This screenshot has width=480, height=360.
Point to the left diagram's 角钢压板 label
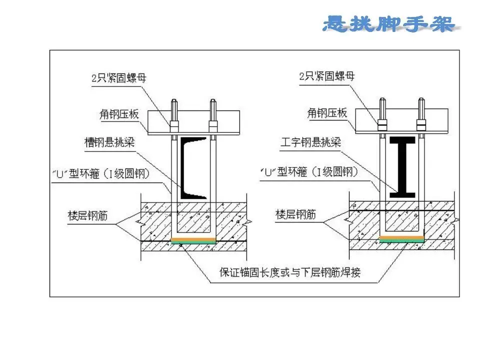pyautogui.click(x=118, y=114)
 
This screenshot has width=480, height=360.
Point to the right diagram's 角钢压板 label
pyautogui.click(x=327, y=113)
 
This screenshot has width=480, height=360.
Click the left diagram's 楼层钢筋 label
pyautogui.click(x=87, y=215)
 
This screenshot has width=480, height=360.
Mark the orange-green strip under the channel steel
pyautogui.click(x=193, y=240)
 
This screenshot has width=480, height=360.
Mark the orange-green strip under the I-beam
pyautogui.click(x=402, y=239)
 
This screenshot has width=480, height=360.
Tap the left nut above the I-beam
pyautogui.click(x=382, y=122)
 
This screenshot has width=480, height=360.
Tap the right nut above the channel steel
pyautogui.click(x=212, y=123)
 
